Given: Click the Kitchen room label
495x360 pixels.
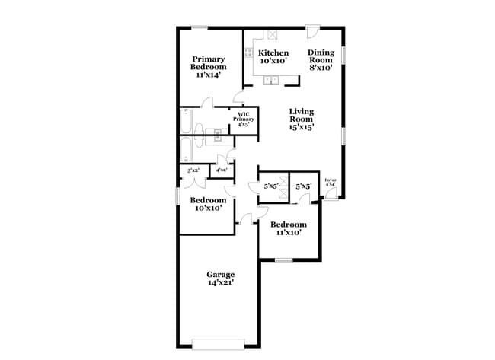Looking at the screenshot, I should (273, 53).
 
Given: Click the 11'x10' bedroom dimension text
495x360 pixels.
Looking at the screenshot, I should (289, 233).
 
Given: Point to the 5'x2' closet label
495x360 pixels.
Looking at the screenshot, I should (193, 170).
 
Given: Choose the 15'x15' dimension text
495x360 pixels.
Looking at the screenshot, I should (301, 128).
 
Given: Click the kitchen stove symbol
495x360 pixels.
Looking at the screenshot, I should (248, 53).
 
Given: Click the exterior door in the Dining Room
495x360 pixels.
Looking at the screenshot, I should (312, 32).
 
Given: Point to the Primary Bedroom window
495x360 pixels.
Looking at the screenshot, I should (200, 29).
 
